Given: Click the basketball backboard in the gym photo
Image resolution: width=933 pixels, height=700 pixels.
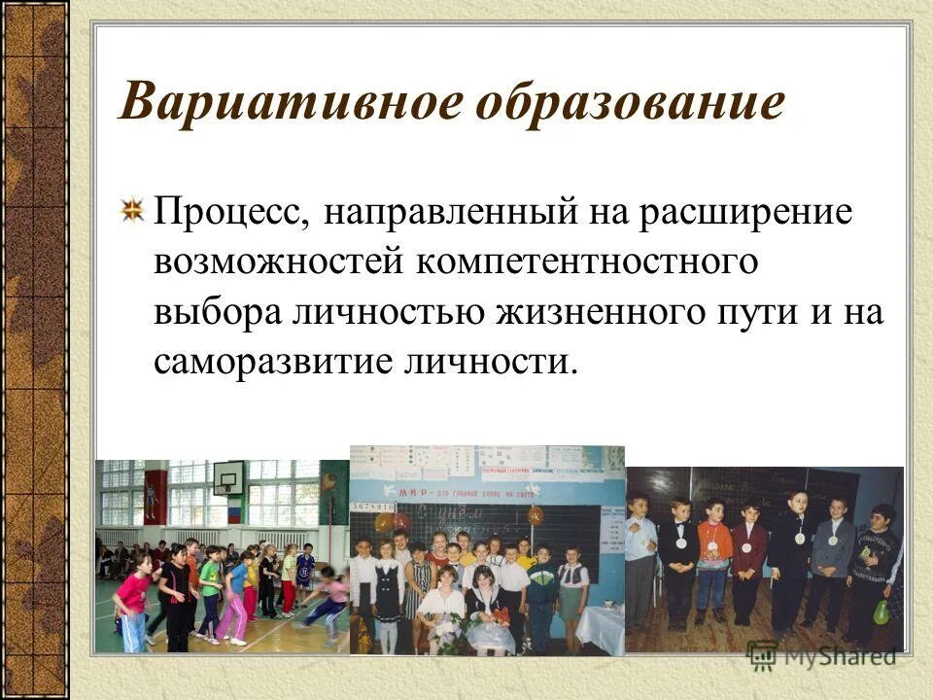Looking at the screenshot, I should click(230, 478).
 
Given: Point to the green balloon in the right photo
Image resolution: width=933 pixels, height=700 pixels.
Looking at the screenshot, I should click(881, 612).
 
